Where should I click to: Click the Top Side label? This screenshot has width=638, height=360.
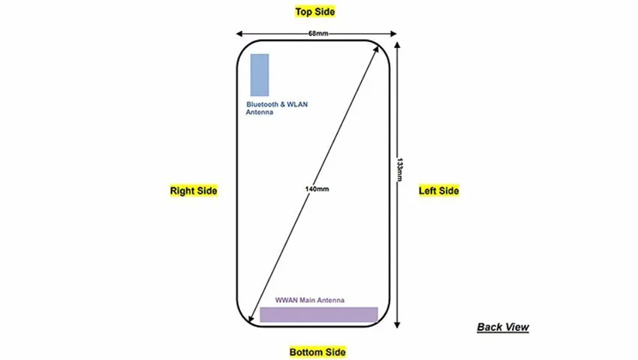(x=315, y=12)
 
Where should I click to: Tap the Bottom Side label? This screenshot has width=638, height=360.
(x=317, y=352)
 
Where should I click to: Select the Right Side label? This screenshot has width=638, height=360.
(x=194, y=190)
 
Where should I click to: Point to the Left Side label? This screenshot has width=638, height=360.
(x=439, y=190)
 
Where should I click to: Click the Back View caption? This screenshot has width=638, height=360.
(x=503, y=327)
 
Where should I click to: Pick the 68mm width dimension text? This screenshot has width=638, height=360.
(x=318, y=33)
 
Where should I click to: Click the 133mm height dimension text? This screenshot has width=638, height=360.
(x=400, y=169)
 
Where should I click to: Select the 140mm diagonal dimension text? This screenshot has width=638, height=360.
(x=317, y=189)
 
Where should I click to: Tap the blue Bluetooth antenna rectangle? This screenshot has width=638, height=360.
(x=260, y=75)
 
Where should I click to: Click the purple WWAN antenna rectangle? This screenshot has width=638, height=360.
(x=319, y=315)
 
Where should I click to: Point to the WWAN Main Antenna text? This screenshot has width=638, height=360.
(x=310, y=300)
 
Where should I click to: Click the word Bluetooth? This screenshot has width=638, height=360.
(x=263, y=104)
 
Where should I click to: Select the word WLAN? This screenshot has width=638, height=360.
(x=297, y=104)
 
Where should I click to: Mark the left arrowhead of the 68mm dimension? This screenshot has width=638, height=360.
(x=239, y=34)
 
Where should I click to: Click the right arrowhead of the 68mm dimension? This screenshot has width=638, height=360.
(x=393, y=34)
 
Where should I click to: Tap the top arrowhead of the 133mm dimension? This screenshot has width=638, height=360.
(x=397, y=45)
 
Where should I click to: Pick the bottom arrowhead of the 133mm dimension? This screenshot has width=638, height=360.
(x=397, y=325)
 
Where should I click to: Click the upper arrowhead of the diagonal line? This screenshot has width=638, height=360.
(x=375, y=49)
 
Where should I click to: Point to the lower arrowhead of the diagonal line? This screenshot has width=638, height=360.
(x=251, y=319)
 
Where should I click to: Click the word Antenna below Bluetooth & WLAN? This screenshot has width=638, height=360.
(x=260, y=112)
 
